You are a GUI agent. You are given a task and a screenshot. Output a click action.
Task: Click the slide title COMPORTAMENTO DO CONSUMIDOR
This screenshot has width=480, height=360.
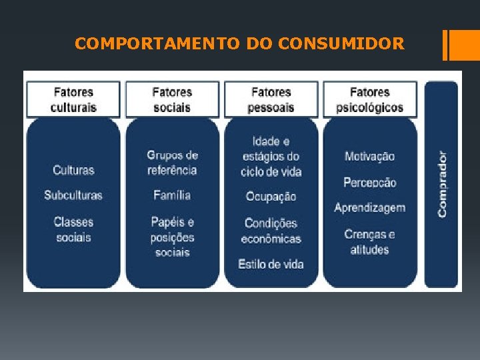239,44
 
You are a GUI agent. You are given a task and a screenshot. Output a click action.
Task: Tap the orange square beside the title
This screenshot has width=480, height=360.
461,45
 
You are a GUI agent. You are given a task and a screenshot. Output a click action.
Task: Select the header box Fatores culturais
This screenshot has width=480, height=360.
74,100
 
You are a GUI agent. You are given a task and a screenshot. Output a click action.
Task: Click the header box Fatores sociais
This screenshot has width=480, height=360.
172,100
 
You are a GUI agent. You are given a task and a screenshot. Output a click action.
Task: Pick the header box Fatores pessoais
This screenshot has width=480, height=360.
271,100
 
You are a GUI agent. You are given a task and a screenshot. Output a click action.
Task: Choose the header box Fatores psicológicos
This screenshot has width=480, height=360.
370,100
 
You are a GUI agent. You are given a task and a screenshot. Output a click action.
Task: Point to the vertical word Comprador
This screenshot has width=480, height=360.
442,183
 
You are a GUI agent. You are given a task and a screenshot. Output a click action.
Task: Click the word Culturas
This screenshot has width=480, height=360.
73,170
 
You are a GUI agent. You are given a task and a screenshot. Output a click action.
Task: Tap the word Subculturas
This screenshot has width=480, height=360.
73,195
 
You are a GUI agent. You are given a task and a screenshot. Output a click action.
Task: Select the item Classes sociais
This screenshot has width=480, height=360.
73,229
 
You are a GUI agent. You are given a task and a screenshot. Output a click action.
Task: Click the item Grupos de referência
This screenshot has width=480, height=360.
172,163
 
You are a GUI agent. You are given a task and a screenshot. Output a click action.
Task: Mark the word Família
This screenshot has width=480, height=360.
172,195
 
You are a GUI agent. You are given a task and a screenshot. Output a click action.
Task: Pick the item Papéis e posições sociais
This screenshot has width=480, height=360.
172,237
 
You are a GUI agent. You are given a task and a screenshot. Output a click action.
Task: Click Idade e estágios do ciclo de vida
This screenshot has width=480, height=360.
271,157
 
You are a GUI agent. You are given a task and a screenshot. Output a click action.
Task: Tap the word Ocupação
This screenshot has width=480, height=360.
271,197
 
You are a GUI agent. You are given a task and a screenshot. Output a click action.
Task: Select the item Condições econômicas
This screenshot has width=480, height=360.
271,231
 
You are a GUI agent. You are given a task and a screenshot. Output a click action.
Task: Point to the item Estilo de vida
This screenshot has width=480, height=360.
271,265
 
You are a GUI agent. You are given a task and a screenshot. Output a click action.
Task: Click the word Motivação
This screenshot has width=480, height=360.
370,157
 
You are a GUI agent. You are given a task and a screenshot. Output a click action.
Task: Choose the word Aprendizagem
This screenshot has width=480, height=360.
370,208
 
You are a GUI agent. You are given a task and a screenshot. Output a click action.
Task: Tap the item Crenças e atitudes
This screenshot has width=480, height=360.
370,242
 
